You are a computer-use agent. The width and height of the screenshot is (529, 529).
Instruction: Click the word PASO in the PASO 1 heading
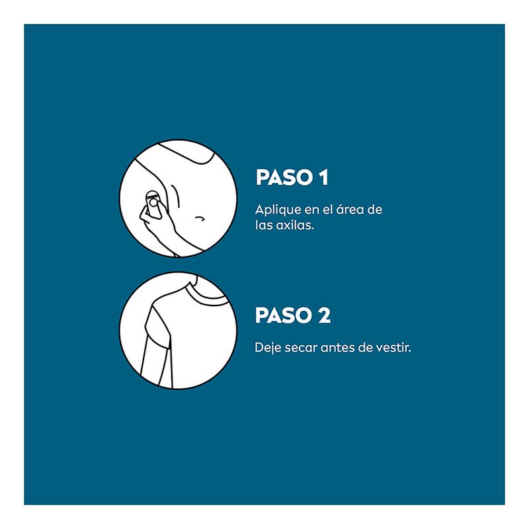(284, 177)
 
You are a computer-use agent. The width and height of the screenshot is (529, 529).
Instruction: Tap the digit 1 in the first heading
(324, 177)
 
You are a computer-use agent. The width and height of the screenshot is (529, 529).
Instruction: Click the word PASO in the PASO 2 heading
(284, 315)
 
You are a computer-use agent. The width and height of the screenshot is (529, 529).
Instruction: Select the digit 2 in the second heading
(325, 315)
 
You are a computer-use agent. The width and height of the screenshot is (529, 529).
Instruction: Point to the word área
(349, 209)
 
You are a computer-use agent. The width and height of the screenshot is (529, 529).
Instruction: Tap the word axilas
(295, 225)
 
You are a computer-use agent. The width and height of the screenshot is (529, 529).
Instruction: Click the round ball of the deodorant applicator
(153, 203)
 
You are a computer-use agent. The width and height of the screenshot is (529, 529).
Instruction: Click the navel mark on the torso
(200, 218)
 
